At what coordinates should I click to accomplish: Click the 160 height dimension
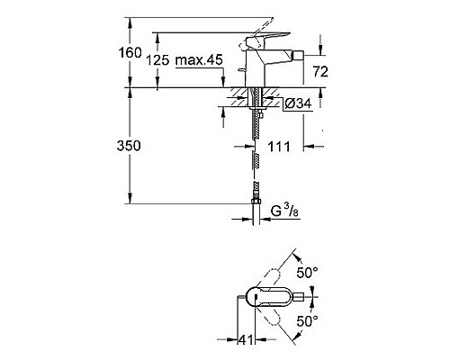[132, 53]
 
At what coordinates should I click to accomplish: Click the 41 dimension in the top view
[241, 340]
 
